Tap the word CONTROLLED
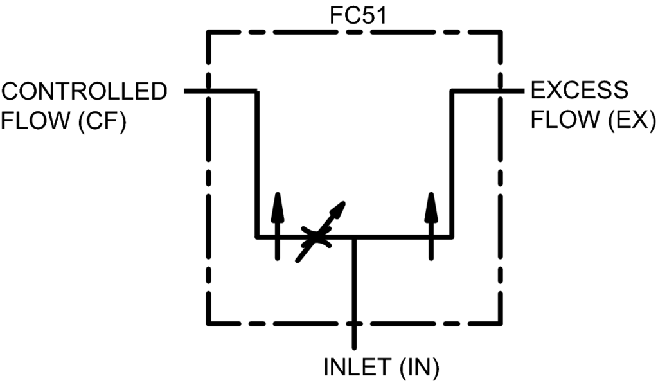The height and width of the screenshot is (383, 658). tap(84, 91)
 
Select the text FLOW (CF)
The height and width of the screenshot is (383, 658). tap(63, 120)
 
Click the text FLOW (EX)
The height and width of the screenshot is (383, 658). tap(592, 120)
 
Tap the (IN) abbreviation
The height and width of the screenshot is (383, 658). tap(418, 368)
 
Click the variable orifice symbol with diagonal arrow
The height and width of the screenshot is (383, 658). tap(317, 237)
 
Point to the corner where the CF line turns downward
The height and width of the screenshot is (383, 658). tap(257, 91)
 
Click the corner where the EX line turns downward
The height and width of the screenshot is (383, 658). tap(452, 91)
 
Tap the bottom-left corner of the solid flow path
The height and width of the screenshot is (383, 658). tap(257, 237)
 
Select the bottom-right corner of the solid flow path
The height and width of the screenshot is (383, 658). tap(452, 237)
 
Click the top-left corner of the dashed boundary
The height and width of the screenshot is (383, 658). tap(208, 31)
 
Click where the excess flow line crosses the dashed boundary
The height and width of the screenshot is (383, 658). tap(501, 91)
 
